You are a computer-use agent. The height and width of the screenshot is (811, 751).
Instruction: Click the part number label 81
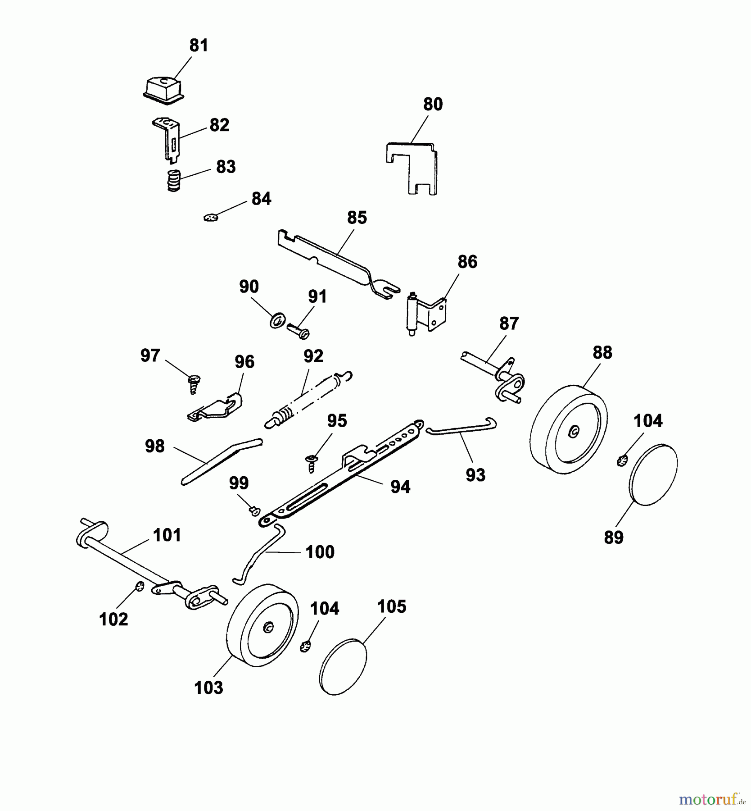[x=199, y=46]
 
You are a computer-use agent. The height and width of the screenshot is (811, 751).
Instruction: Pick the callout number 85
[x=357, y=218]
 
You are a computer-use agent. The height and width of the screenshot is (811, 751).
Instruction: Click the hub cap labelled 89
[x=653, y=475]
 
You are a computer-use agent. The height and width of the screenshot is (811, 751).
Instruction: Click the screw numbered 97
[x=195, y=384]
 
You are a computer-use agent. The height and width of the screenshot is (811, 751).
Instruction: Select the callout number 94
[x=400, y=487]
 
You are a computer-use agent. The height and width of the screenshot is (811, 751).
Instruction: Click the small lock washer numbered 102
[x=140, y=586]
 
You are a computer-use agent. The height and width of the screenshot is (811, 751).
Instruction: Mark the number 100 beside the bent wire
[x=320, y=552]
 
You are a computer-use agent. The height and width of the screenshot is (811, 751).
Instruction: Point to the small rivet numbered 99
[x=255, y=510]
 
